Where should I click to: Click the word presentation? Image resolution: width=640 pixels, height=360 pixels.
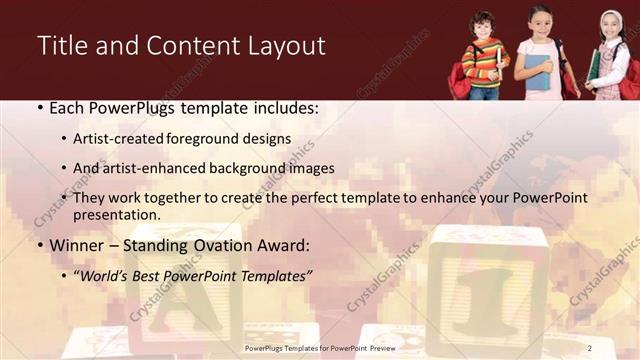[117, 215]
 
